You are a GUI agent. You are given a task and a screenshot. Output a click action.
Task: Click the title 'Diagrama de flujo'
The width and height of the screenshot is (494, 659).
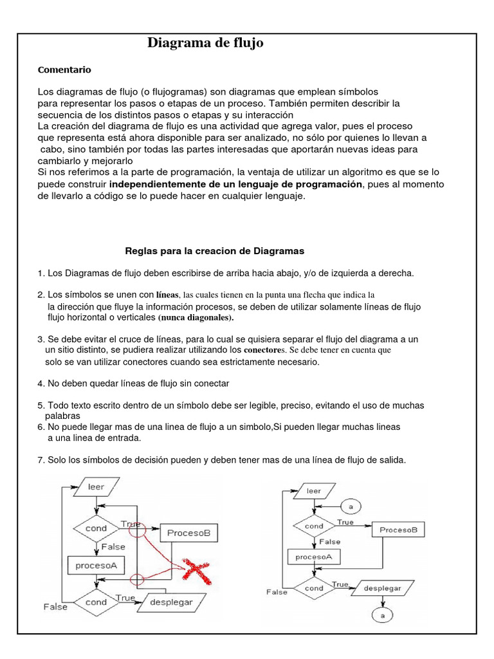coord(205,43)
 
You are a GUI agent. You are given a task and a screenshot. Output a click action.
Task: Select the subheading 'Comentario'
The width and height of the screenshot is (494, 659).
coord(64,70)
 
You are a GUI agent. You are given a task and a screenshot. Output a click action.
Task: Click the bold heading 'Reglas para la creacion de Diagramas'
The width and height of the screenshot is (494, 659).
coord(214,250)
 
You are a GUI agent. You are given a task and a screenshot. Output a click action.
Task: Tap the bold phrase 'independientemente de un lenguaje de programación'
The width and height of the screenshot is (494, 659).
coord(236,185)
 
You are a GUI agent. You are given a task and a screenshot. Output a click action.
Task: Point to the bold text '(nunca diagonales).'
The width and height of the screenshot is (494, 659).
coord(196,318)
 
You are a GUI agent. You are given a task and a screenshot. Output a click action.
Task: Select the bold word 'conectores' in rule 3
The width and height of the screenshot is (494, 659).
coord(264,350)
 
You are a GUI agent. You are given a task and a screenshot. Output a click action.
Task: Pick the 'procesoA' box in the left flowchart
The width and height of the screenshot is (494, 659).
coord(96,566)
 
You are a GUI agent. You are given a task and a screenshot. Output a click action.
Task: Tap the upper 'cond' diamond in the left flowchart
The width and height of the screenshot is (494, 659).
coord(96,528)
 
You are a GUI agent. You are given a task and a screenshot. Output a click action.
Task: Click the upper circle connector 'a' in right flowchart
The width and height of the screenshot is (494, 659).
coord(350,506)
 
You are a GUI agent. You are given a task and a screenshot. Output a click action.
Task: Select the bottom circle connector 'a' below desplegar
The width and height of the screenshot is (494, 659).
coord(382,615)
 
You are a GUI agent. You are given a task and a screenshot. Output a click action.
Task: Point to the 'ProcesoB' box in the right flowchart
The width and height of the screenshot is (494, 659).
coord(398,530)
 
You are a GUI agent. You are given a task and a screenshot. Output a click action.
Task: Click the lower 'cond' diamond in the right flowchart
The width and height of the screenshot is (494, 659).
coord(314,588)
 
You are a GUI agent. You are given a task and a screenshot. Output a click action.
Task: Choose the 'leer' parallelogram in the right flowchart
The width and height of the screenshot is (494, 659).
coord(313,491)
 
